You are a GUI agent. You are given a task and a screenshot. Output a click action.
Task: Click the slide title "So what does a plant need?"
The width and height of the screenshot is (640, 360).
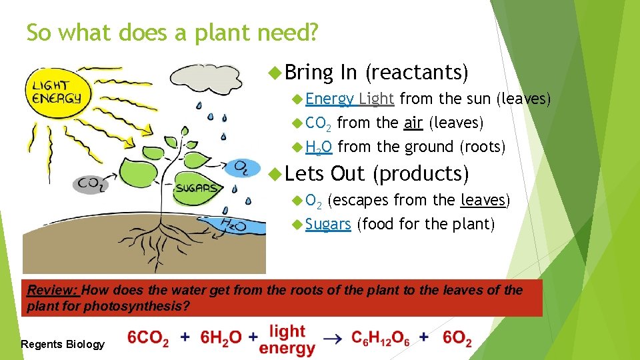click(x=173, y=32)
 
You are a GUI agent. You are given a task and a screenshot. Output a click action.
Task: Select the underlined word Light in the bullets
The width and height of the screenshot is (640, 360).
click(x=377, y=99)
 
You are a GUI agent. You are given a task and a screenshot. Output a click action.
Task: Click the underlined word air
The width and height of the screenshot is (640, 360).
click(x=413, y=123)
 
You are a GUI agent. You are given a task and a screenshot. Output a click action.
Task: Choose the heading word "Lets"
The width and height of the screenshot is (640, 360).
click(x=303, y=173)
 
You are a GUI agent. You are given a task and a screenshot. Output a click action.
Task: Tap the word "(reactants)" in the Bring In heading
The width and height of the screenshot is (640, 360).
click(x=417, y=71)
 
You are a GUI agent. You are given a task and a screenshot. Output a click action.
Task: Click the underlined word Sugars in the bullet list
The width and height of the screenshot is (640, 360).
click(x=328, y=224)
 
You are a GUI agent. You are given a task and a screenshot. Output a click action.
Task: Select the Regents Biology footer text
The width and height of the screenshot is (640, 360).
click(x=63, y=344)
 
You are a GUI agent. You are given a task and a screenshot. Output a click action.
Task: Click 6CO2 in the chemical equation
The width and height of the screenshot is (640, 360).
click(x=148, y=338)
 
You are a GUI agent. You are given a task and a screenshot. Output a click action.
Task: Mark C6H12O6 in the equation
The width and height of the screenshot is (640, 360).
click(x=381, y=339)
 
